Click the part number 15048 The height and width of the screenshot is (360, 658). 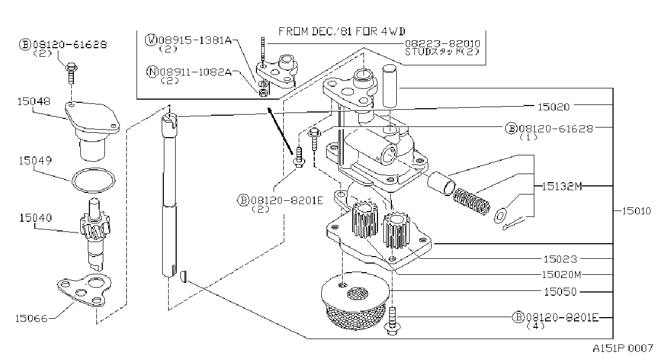pyautogui.click(x=34, y=101)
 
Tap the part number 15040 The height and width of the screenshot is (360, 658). pyautogui.click(x=35, y=217)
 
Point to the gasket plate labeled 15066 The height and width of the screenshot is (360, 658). pyautogui.click(x=84, y=290)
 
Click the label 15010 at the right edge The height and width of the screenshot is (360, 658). pyautogui.click(x=636, y=211)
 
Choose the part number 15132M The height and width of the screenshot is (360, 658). pyautogui.click(x=561, y=186)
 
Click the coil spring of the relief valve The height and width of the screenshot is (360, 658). pyautogui.click(x=472, y=201)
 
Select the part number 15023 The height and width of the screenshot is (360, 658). pyautogui.click(x=560, y=259)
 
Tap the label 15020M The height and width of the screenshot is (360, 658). pyautogui.click(x=561, y=274)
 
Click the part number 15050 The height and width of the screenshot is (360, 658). pyautogui.click(x=561, y=292)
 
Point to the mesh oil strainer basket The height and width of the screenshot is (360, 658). pyautogui.click(x=356, y=301)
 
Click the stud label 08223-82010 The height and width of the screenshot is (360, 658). pyautogui.click(x=443, y=44)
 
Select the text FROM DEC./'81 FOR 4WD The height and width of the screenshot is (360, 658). pyautogui.click(x=342, y=31)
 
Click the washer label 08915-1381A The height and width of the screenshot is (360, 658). pyautogui.click(x=195, y=40)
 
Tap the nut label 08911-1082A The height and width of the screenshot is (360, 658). pyautogui.click(x=195, y=72)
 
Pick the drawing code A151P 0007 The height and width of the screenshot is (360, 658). pyautogui.click(x=623, y=349)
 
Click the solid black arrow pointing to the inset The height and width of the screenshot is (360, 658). pyautogui.click(x=280, y=131)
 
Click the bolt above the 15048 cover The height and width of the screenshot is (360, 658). pyautogui.click(x=71, y=73)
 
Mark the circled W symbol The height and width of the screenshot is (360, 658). pyautogui.click(x=151, y=40)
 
